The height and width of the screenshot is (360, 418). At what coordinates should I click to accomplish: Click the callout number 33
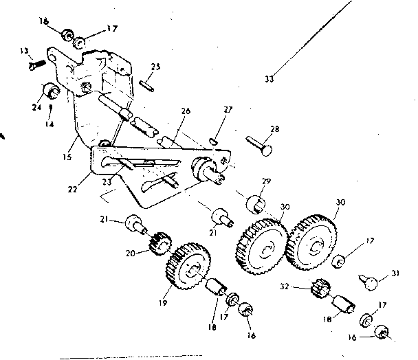(269, 79)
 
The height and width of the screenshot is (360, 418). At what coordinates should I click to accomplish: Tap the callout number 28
(274, 129)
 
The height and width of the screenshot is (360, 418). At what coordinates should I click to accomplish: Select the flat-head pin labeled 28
(259, 146)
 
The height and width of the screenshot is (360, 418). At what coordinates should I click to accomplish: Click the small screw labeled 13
(37, 65)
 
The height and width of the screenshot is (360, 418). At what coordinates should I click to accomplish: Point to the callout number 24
(37, 107)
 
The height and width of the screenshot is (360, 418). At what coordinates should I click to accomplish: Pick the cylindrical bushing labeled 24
(51, 91)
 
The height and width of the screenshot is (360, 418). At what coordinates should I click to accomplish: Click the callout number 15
(67, 157)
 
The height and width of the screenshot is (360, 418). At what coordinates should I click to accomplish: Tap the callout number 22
(72, 189)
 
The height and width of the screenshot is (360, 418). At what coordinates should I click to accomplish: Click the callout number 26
(186, 111)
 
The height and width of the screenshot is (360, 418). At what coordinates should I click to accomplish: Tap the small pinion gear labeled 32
(321, 288)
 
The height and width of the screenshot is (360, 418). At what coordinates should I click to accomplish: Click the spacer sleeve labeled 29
(255, 204)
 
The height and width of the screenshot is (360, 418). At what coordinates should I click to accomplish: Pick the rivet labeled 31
(368, 282)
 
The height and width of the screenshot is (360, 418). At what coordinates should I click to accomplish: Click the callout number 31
(395, 273)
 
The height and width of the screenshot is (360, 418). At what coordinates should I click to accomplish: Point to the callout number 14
(49, 124)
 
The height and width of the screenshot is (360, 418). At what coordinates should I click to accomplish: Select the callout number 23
(107, 182)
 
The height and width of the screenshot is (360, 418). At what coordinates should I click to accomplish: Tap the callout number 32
(285, 286)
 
